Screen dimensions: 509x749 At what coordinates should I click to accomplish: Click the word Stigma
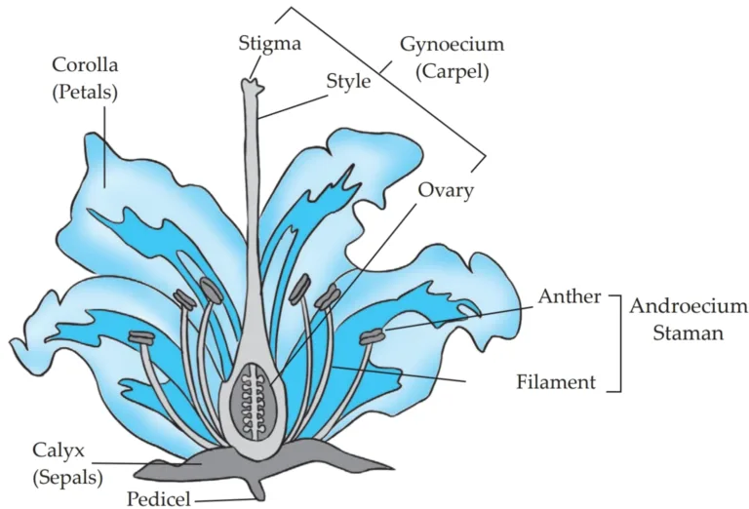pyautogui.click(x=270, y=43)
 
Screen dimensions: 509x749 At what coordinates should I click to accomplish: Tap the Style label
pyautogui.click(x=347, y=81)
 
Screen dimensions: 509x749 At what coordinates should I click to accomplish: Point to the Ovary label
pyautogui.click(x=446, y=190)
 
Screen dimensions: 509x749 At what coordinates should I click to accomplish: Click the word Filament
pyautogui.click(x=555, y=381)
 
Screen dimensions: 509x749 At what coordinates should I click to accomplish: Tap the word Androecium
pyautogui.click(x=689, y=305)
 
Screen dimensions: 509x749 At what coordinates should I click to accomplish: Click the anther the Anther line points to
pyautogui.click(x=373, y=337)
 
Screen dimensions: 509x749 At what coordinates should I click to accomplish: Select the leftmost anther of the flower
pyautogui.click(x=141, y=337)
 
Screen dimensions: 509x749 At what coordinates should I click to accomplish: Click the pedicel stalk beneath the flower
pyautogui.click(x=258, y=488)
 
